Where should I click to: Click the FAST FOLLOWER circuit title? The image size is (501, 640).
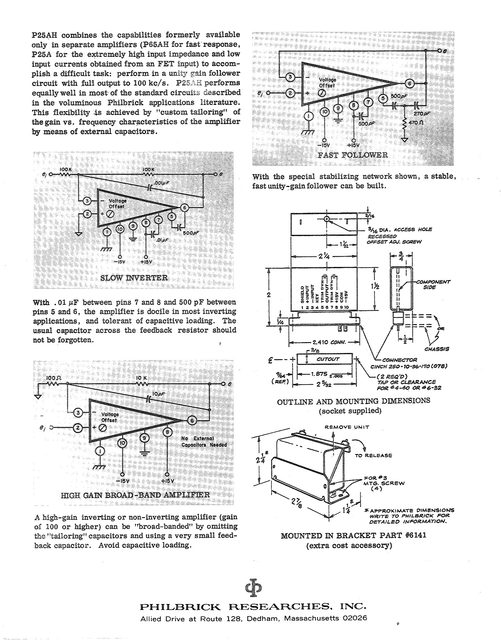(353, 155)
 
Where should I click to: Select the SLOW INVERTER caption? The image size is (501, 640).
(134, 278)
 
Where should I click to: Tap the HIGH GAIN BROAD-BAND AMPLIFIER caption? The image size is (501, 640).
(135, 495)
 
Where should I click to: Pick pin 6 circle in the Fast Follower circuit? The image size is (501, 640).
(409, 84)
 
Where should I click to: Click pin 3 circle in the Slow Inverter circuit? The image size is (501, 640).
(87, 201)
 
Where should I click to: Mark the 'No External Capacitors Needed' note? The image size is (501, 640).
(204, 442)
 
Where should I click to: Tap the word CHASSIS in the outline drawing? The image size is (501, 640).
(437, 349)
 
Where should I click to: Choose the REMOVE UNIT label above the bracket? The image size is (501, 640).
(347, 427)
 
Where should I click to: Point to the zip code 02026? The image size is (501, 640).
(355, 618)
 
